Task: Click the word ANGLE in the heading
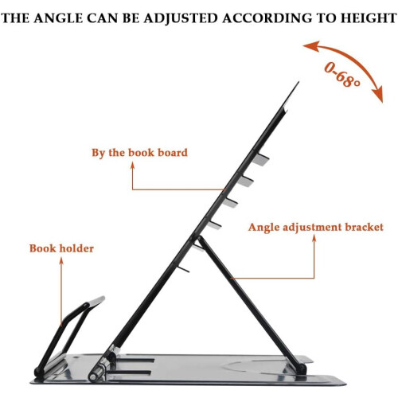coord(58,18)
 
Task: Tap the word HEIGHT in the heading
coord(369,18)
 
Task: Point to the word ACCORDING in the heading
coord(267,18)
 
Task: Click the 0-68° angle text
coord(342,75)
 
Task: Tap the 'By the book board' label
coord(139,153)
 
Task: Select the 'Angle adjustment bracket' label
coord(316,228)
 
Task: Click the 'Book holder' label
coord(61,248)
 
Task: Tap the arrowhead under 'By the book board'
coord(132,166)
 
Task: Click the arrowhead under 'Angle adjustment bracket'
coord(314,238)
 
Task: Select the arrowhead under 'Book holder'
coord(61,261)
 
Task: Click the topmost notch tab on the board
coord(260,158)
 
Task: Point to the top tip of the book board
coord(298,83)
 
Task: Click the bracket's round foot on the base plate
coord(302,368)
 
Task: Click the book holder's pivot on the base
coord(39,371)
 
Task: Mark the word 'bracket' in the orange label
coord(364,228)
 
